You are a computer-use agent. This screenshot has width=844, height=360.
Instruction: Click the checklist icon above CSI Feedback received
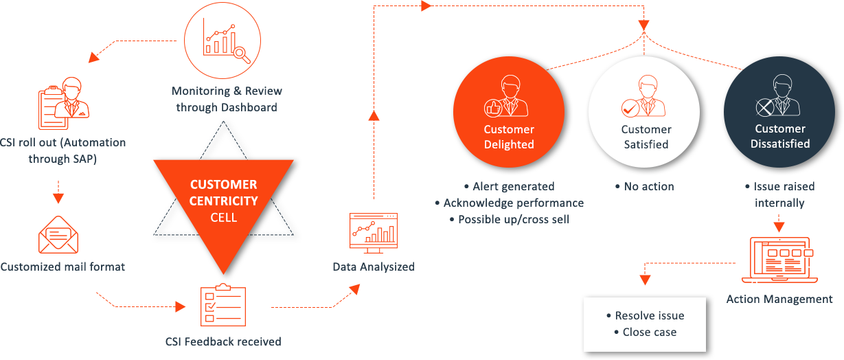click(x=222, y=305)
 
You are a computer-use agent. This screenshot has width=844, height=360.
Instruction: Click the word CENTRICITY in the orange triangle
click(x=224, y=201)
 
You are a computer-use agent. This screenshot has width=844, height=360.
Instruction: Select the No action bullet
click(x=645, y=186)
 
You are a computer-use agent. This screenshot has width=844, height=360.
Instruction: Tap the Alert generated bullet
click(x=509, y=186)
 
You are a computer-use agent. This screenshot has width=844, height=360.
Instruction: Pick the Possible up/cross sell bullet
click(x=509, y=219)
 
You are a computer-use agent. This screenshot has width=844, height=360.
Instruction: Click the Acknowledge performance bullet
click(x=509, y=203)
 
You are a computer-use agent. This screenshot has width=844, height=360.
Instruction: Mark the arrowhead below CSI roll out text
click(x=58, y=198)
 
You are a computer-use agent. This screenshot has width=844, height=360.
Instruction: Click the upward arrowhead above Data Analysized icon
click(x=373, y=114)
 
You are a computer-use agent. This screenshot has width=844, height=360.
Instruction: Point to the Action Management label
click(x=779, y=299)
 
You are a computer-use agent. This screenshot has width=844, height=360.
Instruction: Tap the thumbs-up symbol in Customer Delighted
click(x=492, y=107)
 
